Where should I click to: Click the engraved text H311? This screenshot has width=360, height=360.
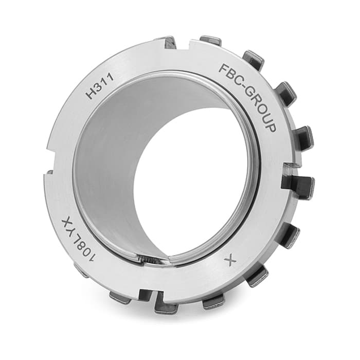click(100, 86)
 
